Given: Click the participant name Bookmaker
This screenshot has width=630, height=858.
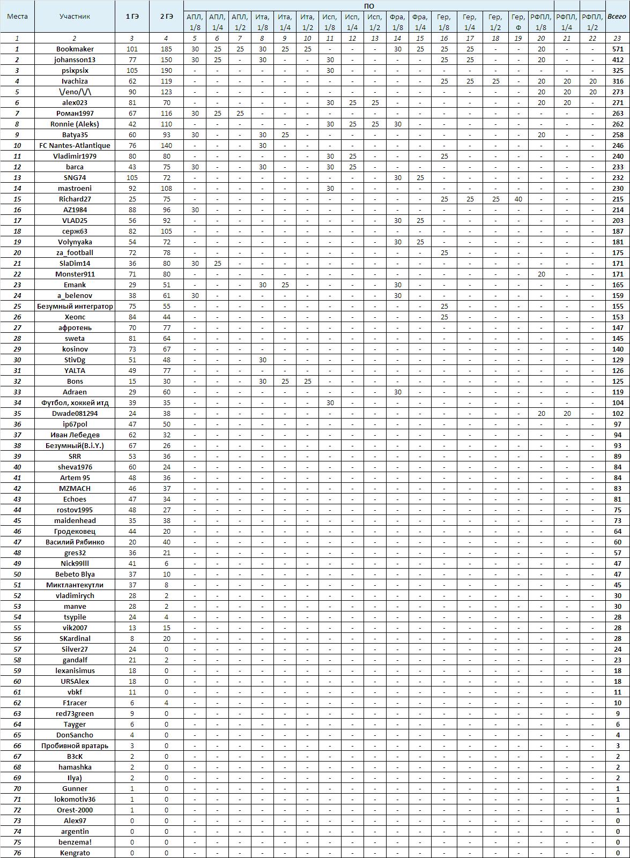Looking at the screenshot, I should click(75, 49).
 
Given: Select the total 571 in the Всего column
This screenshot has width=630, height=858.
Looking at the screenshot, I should click(618, 49).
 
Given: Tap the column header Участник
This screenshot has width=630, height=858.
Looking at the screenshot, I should click(75, 17).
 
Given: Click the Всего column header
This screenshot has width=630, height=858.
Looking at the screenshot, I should click(617, 17).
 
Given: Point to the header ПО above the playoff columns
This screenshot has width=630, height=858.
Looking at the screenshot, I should click(369, 6).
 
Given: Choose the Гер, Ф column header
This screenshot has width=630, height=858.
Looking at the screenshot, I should click(518, 22).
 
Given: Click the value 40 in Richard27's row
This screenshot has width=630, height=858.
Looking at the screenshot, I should click(518, 199).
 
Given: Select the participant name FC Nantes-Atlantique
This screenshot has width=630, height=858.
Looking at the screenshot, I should click(75, 145).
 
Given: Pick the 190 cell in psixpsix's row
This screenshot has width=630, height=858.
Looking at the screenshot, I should click(166, 70).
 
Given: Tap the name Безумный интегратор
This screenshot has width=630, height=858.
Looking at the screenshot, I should click(75, 306).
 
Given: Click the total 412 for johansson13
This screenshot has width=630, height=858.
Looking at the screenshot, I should click(618, 59).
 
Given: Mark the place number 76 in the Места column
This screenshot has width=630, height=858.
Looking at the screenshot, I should click(17, 853).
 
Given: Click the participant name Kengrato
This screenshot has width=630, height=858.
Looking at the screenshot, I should click(75, 853).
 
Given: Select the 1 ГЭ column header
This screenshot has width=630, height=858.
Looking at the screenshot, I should click(132, 17).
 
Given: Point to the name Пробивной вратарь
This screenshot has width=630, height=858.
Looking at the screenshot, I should click(75, 745).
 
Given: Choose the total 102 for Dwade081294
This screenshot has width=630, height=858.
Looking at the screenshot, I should click(618, 413).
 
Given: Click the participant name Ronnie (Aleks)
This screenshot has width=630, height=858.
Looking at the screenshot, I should click(75, 124).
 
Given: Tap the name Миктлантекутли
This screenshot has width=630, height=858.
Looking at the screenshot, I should click(75, 585).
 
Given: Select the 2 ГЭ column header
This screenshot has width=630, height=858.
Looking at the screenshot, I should click(166, 17).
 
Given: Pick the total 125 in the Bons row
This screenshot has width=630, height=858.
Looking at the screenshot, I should click(618, 381).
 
